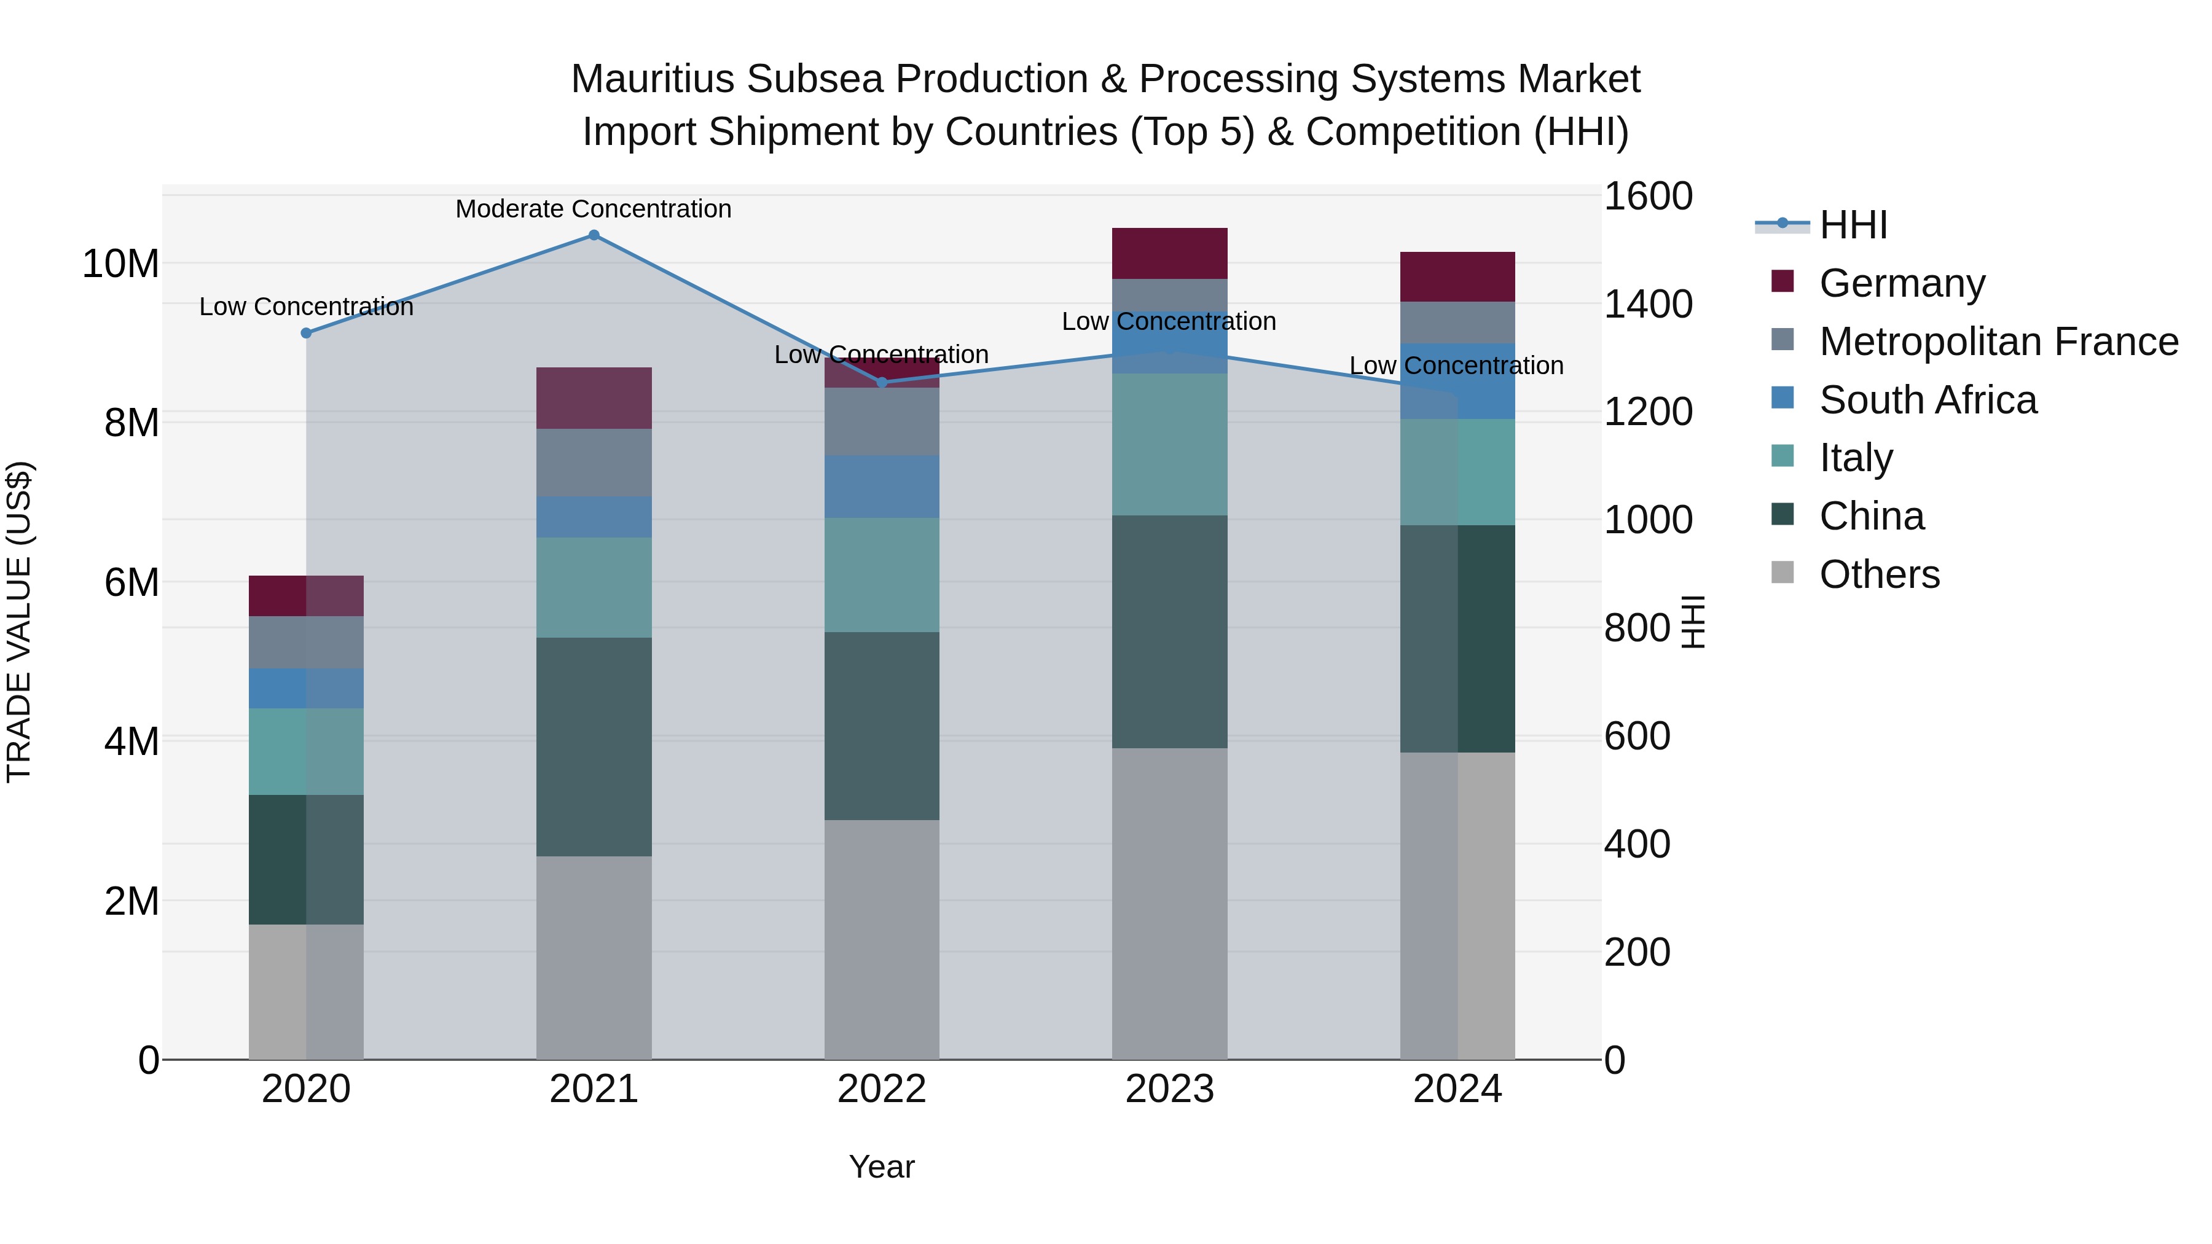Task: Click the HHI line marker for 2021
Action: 594,235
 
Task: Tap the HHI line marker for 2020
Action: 307,333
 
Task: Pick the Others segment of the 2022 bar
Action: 882,939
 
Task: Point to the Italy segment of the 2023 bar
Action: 1169,444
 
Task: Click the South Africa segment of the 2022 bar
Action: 882,486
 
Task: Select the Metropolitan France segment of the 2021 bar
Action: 594,462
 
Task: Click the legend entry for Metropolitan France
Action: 1998,342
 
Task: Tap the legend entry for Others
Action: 1879,574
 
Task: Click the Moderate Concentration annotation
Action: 594,209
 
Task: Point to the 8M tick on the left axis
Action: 131,423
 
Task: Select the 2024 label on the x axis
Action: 1457,1089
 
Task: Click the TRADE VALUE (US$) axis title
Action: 19,622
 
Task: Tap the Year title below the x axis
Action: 882,1167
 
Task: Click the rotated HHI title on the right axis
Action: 1692,622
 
